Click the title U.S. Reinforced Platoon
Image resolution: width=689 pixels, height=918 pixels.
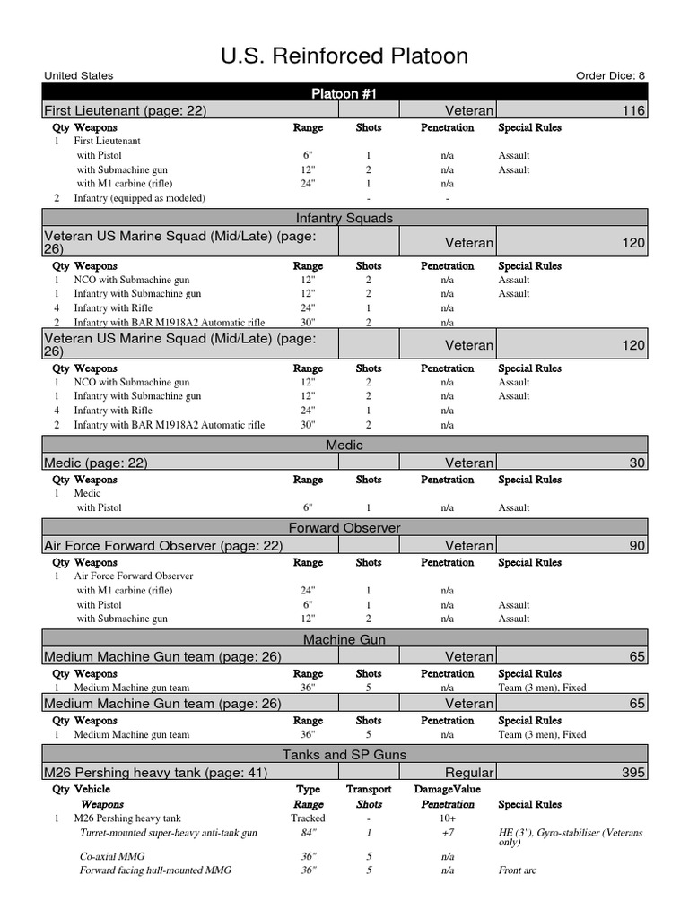pos(344,56)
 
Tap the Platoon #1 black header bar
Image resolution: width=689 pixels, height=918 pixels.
pos(344,93)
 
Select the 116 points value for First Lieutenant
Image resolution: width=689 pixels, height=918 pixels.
pos(632,110)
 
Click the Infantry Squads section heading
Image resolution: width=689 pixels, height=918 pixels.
pos(344,218)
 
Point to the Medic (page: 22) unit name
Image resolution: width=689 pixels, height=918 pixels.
pos(96,463)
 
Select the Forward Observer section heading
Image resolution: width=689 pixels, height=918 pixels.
pos(344,528)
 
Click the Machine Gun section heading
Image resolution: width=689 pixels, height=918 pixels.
pos(344,639)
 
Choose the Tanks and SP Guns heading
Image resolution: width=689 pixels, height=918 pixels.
pos(344,755)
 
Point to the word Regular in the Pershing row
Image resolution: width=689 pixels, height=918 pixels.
pos(469,772)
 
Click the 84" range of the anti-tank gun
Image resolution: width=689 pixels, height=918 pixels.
pos(308,833)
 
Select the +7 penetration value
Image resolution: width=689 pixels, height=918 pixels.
pos(447,833)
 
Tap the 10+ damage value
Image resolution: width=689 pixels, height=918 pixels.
pos(447,818)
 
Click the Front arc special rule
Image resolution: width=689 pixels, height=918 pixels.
pos(518,870)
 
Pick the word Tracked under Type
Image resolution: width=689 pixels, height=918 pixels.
pos(308,818)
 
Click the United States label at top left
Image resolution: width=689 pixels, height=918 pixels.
pos(75,76)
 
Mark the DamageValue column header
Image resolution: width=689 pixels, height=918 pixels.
pos(447,790)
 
